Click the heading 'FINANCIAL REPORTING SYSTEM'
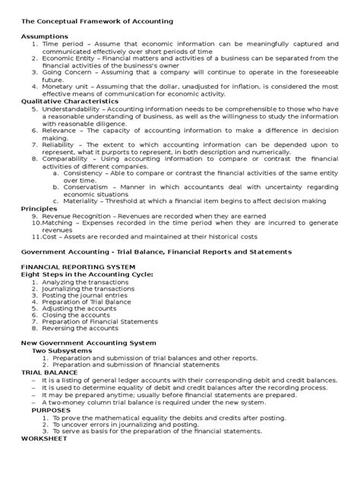pos(77,267)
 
